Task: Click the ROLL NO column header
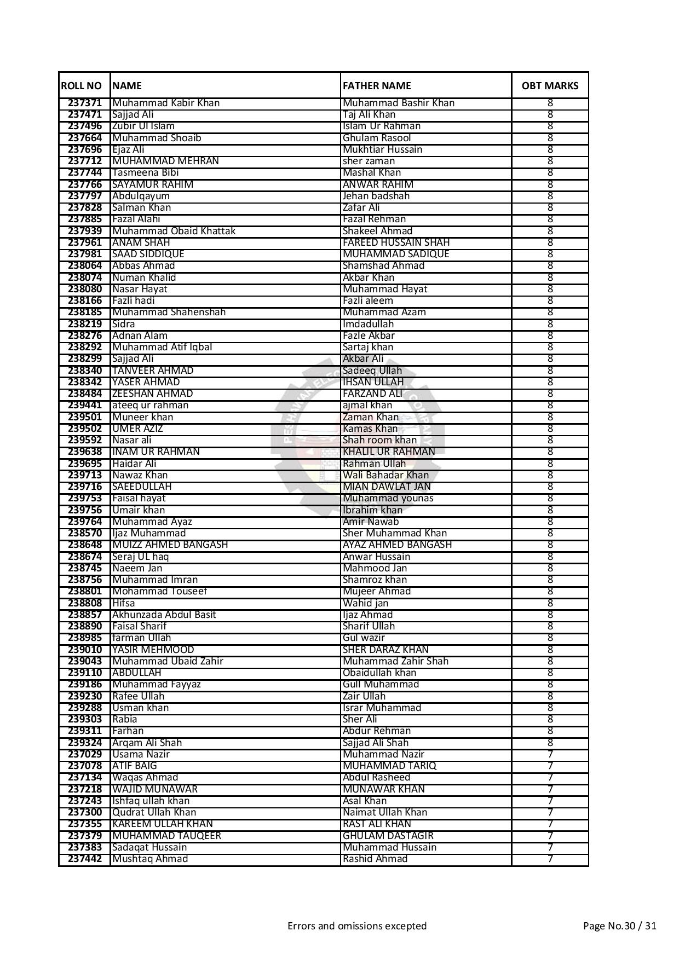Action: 82,86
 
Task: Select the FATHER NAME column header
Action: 377,86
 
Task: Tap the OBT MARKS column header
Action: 550,86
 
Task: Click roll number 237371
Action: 85,103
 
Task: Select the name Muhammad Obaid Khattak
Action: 174,231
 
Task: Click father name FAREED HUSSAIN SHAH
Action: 396,242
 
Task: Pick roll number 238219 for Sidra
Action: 85,324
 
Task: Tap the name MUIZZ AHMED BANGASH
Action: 170,545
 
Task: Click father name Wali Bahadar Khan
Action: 385,475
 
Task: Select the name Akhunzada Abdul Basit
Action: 164,615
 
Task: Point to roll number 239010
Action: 85,650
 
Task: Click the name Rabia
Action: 124,719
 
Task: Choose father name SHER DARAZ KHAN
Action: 385,650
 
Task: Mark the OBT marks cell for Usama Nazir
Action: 550,754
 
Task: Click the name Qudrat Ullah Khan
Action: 154,812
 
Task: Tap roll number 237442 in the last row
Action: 85,859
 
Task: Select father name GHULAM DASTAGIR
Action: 388,836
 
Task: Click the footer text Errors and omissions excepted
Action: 357,926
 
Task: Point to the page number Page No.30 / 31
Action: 619,926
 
